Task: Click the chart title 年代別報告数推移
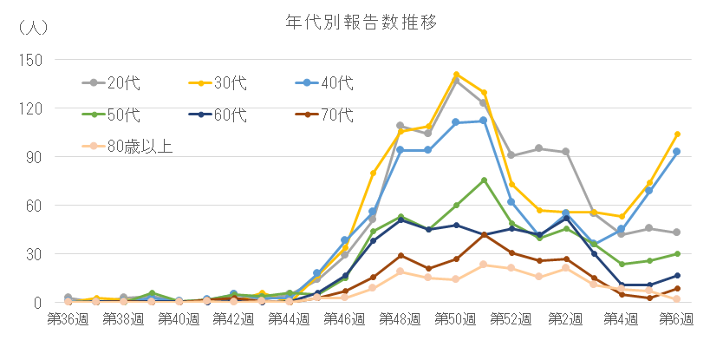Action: point(361,22)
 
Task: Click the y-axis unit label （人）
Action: point(33,27)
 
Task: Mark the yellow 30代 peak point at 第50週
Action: point(456,75)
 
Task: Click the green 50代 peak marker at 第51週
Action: point(484,180)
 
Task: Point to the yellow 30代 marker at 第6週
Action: point(677,134)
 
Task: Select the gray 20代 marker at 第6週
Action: point(677,232)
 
